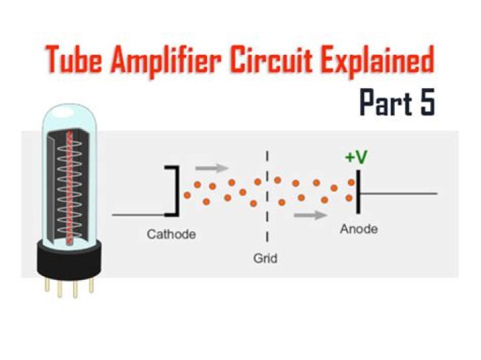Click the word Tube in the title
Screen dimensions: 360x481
[75, 62]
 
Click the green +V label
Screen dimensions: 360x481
[356, 157]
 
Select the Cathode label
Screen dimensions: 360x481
[171, 234]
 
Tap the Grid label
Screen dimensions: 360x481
[265, 257]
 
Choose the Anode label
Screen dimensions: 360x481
[359, 229]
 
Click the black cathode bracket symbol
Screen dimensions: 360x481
[175, 190]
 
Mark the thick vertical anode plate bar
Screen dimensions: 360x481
[358, 193]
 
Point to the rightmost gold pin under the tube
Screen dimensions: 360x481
[92, 286]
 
